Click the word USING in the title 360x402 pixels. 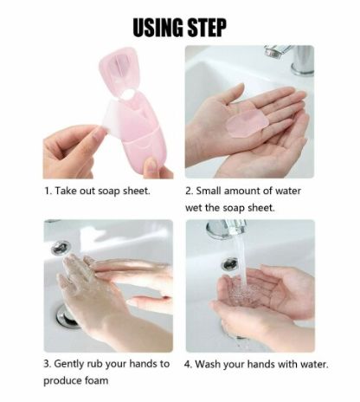point(161,28)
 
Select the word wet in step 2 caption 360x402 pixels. point(195,208)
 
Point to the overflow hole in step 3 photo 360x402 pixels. point(61,248)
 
